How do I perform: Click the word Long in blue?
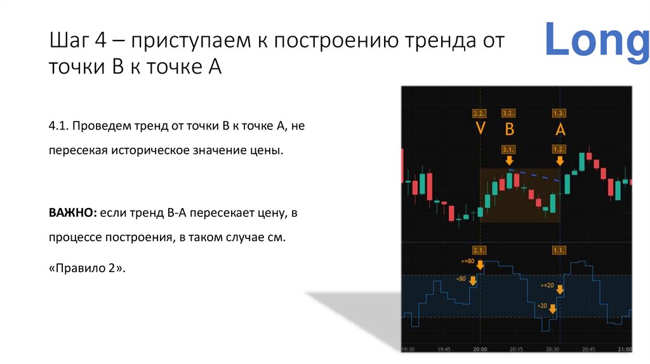click(597, 40)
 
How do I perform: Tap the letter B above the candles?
click(508, 129)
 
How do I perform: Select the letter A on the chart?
click(559, 129)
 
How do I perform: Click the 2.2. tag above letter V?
click(480, 114)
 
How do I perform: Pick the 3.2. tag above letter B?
click(508, 114)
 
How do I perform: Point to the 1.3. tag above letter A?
click(559, 114)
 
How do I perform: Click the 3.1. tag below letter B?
click(508, 149)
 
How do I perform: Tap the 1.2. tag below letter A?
click(559, 149)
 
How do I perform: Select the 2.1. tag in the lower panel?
click(480, 250)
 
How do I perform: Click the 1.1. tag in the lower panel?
click(559, 250)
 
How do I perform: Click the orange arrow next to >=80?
click(481, 264)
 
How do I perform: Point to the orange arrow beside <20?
click(553, 309)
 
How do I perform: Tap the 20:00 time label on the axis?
click(481, 349)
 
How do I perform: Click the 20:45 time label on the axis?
click(588, 349)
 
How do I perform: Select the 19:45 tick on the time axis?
click(444, 349)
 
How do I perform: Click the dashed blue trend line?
click(536, 176)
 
